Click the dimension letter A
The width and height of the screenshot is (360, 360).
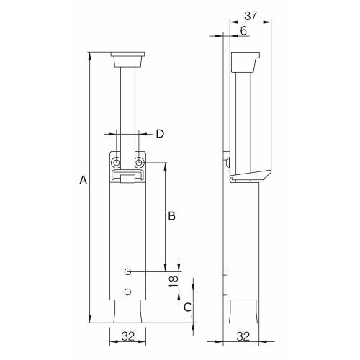(84, 182)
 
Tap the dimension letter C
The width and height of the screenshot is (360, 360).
(186, 307)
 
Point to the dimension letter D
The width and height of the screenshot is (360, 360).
(160, 133)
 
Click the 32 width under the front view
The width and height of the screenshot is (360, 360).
(127, 336)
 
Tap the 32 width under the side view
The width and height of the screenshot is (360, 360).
(243, 336)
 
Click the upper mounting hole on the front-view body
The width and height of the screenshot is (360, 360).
(127, 271)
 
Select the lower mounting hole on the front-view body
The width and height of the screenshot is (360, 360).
(127, 292)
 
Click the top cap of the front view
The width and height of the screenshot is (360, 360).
(127, 56)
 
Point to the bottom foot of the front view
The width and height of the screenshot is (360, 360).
(127, 312)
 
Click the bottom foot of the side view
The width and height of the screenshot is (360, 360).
(243, 312)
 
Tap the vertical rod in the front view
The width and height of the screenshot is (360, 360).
(127, 108)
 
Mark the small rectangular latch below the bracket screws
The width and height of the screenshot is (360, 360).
(127, 176)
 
